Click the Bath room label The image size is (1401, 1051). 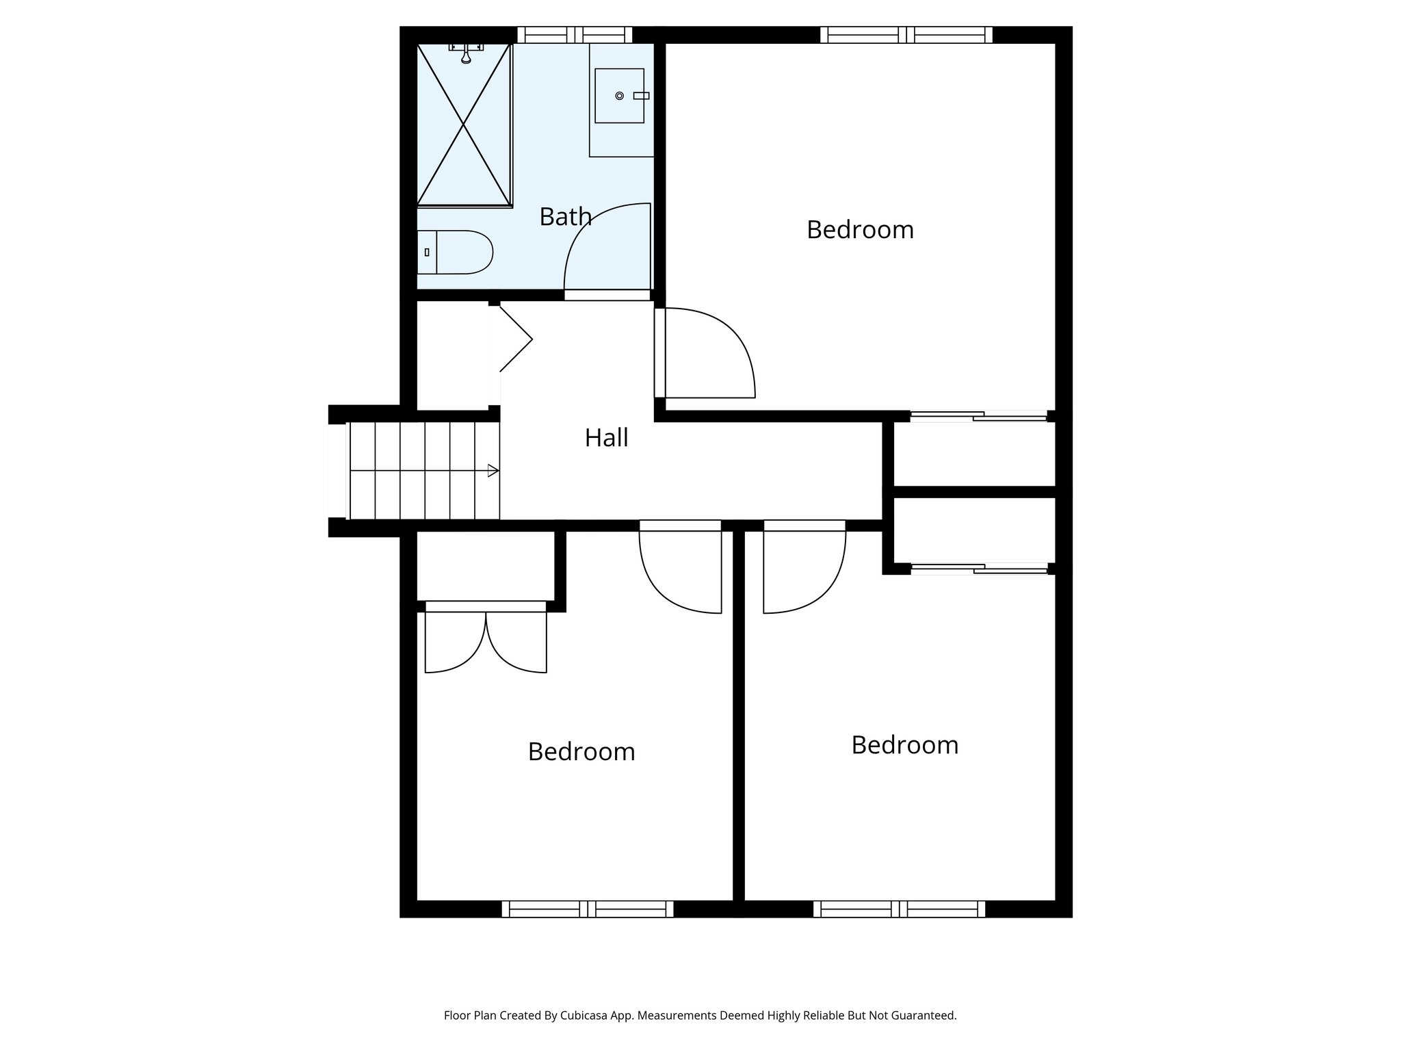click(565, 217)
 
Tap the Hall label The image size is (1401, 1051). click(606, 438)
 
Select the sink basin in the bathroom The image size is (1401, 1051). click(619, 96)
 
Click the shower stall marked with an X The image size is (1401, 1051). click(464, 125)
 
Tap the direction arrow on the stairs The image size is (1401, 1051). click(493, 471)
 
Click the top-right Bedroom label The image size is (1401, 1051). click(860, 230)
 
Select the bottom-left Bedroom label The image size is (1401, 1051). click(581, 752)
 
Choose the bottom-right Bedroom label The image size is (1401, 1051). click(904, 745)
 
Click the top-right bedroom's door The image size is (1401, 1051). click(708, 354)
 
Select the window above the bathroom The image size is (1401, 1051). click(575, 35)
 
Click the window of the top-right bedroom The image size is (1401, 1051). click(906, 35)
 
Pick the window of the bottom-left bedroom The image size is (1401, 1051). click(588, 909)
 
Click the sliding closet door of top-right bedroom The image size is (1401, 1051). click(978, 415)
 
